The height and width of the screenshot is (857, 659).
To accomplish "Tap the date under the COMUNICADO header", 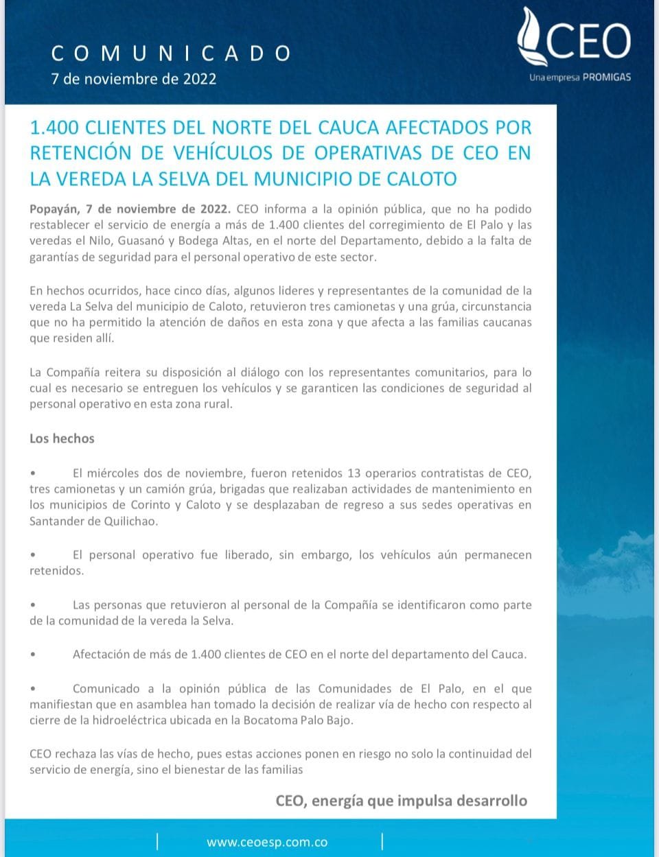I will [x=134, y=79].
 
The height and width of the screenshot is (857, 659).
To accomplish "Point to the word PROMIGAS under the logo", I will [x=606, y=78].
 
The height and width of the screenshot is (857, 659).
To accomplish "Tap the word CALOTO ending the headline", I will [x=421, y=179].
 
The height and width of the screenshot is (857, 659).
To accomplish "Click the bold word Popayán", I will [x=54, y=209].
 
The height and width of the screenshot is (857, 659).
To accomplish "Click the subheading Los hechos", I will [x=62, y=438].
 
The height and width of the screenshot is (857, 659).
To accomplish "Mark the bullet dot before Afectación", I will [x=33, y=655].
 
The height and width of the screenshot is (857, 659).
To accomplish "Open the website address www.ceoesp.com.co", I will [x=266, y=843].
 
